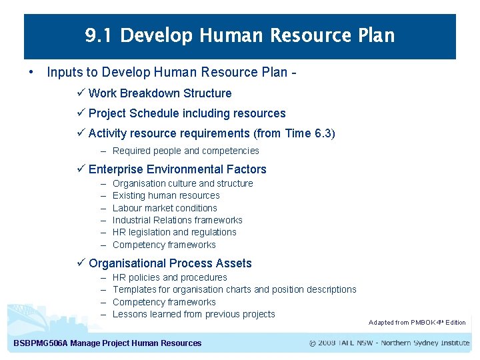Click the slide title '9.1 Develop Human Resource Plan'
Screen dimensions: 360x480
[240, 35]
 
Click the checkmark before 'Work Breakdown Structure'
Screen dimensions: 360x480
[82, 93]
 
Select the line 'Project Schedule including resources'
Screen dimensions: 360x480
[187, 113]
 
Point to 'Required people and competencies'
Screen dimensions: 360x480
[185, 151]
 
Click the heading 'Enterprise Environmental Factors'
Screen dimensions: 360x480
[177, 169]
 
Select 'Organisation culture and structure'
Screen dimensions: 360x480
[183, 183]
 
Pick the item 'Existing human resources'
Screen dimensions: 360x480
[166, 195]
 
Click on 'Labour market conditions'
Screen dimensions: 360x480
[165, 208]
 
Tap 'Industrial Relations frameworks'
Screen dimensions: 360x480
[177, 220]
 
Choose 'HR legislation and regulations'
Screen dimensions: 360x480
[174, 232]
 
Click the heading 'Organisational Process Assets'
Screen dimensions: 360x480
[170, 263]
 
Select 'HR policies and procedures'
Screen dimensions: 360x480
[169, 277]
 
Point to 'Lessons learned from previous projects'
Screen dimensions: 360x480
[193, 314]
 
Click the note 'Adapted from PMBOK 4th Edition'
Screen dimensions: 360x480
[417, 323]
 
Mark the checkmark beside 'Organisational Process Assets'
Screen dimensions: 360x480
[82, 263]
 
